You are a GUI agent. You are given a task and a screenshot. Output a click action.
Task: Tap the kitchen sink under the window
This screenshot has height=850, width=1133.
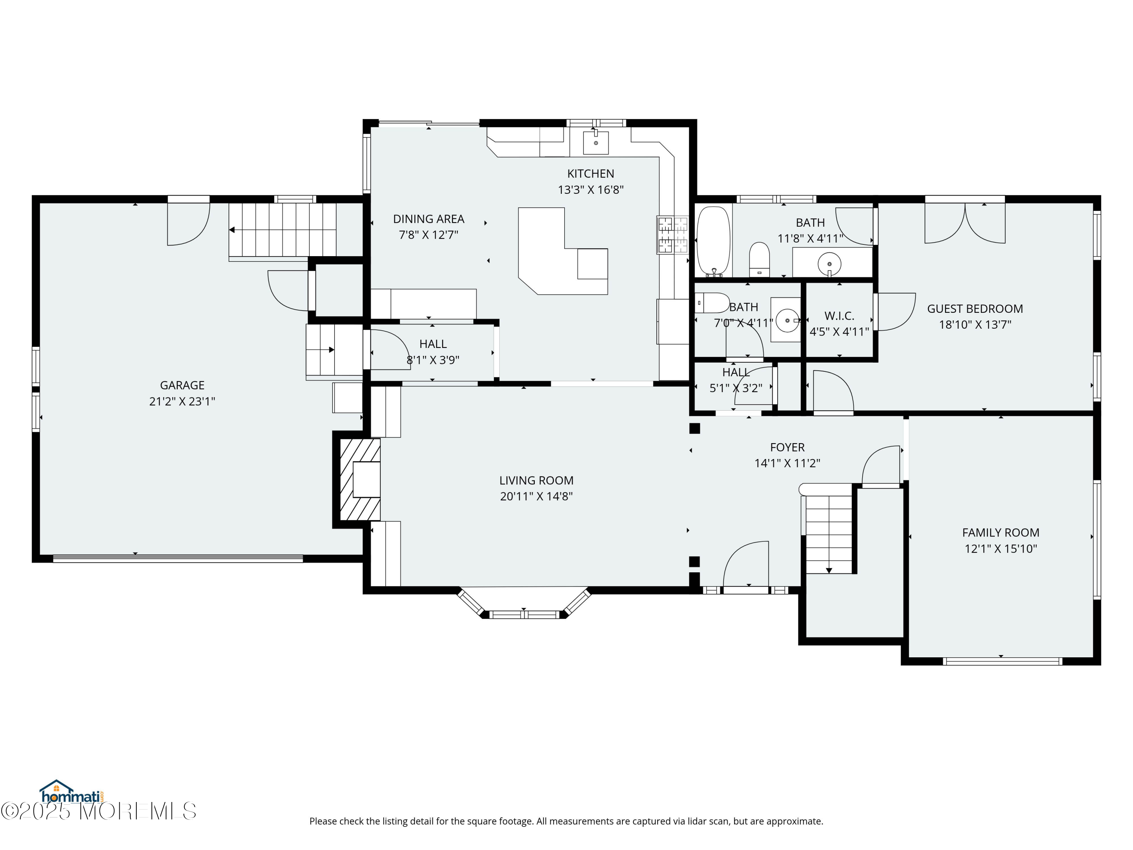[x=596, y=143]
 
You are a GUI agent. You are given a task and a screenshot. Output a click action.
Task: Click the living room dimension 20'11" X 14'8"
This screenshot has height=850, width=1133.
[x=536, y=496]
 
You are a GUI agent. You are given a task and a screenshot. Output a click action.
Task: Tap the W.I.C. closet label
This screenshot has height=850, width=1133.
[x=839, y=316]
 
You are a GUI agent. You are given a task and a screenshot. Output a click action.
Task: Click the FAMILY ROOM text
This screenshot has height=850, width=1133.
[x=1000, y=532]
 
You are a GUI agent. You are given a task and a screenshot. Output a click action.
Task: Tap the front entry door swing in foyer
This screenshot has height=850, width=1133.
[x=747, y=564]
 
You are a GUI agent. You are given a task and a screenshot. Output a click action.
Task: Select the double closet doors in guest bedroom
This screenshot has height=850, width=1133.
[x=965, y=223]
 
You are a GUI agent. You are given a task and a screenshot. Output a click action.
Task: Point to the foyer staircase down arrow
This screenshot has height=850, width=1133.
[x=829, y=570]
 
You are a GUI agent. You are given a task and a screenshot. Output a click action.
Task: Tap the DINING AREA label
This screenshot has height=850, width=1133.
[x=428, y=219]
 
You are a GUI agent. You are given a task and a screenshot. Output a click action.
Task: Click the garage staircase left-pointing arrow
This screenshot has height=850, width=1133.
[x=232, y=230]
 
